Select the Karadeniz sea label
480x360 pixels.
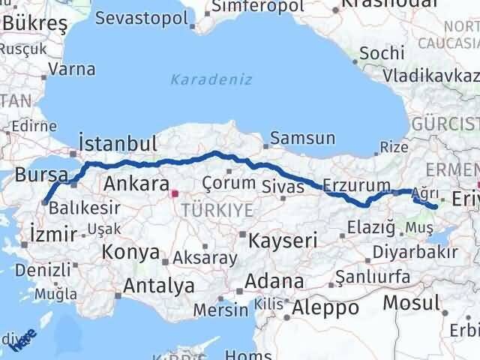[211, 79]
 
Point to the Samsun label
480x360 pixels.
[302, 138]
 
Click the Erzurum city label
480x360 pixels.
[356, 185]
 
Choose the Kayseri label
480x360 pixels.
[283, 241]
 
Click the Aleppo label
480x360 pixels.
[326, 307]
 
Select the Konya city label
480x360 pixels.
[130, 251]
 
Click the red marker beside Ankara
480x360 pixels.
[175, 193]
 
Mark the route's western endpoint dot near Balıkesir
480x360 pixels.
[45, 201]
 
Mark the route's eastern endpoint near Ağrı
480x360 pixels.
[434, 207]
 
